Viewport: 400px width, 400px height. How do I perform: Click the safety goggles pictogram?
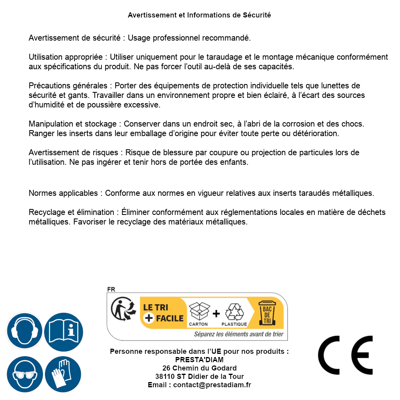[24, 374]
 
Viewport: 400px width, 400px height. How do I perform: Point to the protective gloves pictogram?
[63, 375]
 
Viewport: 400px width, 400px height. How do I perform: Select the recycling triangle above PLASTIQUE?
[234, 312]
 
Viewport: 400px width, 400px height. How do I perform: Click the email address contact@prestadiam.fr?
[212, 385]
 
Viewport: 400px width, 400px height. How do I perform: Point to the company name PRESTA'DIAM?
[199, 360]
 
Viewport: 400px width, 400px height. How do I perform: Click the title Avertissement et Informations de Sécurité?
[199, 15]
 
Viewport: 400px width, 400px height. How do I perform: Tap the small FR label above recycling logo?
[111, 289]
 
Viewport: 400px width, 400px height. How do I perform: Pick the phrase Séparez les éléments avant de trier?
[238, 334]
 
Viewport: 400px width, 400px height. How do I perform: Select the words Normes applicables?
[63, 193]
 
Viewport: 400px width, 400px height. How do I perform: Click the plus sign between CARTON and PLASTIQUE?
[216, 313]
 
